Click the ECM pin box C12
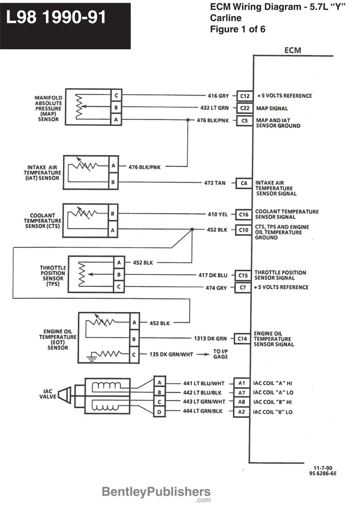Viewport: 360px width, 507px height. click(244, 96)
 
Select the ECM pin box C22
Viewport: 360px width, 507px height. click(244, 109)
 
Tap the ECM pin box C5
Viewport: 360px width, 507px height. click(244, 121)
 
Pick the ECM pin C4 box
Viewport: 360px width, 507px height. click(243, 182)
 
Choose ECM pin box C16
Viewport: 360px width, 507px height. click(243, 214)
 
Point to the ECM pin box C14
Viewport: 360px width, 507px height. click(242, 338)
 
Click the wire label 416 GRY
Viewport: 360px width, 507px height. click(218, 96)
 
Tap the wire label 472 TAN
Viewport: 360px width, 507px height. click(214, 182)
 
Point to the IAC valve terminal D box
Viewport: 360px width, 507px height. click(159, 412)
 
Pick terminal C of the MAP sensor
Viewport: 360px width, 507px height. click(116, 96)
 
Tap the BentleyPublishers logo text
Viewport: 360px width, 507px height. click(156, 493)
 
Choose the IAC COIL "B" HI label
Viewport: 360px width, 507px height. click(272, 403)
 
